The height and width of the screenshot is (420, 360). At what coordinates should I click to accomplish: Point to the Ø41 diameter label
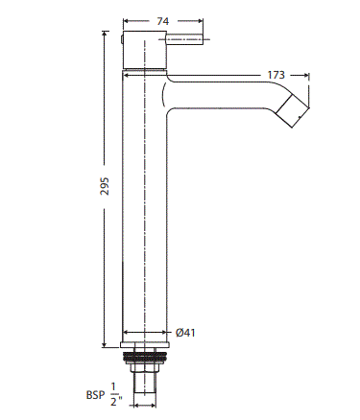click(187, 333)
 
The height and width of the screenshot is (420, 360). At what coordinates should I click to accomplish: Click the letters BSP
click(97, 393)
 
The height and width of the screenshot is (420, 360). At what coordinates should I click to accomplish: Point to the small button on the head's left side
click(120, 40)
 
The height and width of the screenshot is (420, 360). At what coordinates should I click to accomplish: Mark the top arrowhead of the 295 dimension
click(105, 35)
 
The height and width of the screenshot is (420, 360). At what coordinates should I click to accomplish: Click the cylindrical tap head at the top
click(146, 48)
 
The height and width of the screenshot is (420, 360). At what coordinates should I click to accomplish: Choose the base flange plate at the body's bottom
click(146, 341)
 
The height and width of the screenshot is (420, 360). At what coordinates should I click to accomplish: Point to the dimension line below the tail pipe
click(146, 406)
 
